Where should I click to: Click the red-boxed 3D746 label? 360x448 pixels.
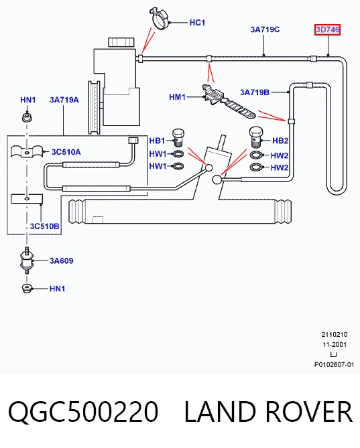tap(327, 29)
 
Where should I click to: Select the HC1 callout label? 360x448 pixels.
tap(197, 23)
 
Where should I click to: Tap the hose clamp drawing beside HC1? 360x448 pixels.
tap(160, 19)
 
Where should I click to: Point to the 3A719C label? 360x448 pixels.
tap(265, 29)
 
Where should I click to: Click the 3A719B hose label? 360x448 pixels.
tap(255, 92)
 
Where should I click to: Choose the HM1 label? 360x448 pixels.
tap(177, 97)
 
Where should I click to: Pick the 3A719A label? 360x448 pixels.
tap(64, 100)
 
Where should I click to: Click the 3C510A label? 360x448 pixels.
tap(66, 152)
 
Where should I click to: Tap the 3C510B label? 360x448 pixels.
tap(45, 226)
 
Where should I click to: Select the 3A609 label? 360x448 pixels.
tap(61, 260)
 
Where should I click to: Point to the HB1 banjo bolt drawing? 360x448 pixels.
tap(178, 137)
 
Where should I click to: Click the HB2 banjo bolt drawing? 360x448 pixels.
tap(256, 137)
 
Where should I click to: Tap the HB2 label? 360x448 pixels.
tap(280, 141)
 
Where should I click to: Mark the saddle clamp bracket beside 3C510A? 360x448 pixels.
tap(27, 151)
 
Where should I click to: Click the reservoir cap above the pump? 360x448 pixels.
tap(121, 42)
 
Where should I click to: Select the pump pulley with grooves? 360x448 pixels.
tap(95, 107)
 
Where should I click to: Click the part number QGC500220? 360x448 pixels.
tap(83, 411)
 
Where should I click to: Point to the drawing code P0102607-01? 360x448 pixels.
tap(334, 364)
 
